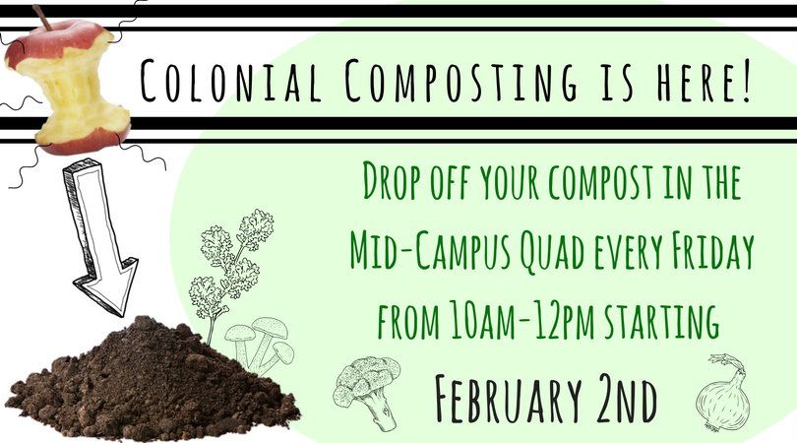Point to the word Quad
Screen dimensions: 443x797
click(x=557, y=253)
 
